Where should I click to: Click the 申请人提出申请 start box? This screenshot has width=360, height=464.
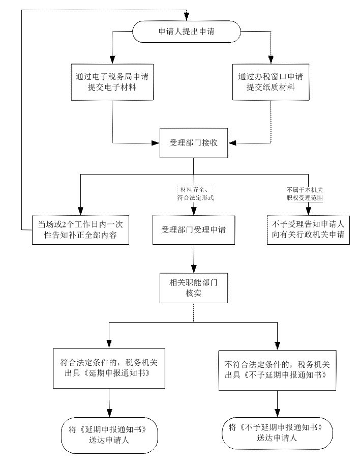click(186, 32)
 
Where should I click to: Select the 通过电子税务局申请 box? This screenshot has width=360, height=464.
click(112, 82)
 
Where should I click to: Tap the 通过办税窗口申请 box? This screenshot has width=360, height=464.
click(270, 82)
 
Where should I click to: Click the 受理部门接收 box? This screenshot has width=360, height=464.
click(193, 143)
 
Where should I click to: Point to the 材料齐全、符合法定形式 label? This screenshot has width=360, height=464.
click(194, 194)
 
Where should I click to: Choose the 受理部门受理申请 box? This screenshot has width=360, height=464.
click(193, 230)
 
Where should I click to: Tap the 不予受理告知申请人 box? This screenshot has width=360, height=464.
click(308, 230)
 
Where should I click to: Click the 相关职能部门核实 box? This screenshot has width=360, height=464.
click(193, 288)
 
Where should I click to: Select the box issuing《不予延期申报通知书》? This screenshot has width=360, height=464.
click(277, 369)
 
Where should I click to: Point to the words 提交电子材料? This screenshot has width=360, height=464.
click(112, 88)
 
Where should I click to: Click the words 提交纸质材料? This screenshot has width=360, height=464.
click(270, 88)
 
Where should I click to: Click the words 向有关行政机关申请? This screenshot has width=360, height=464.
click(308, 236)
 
